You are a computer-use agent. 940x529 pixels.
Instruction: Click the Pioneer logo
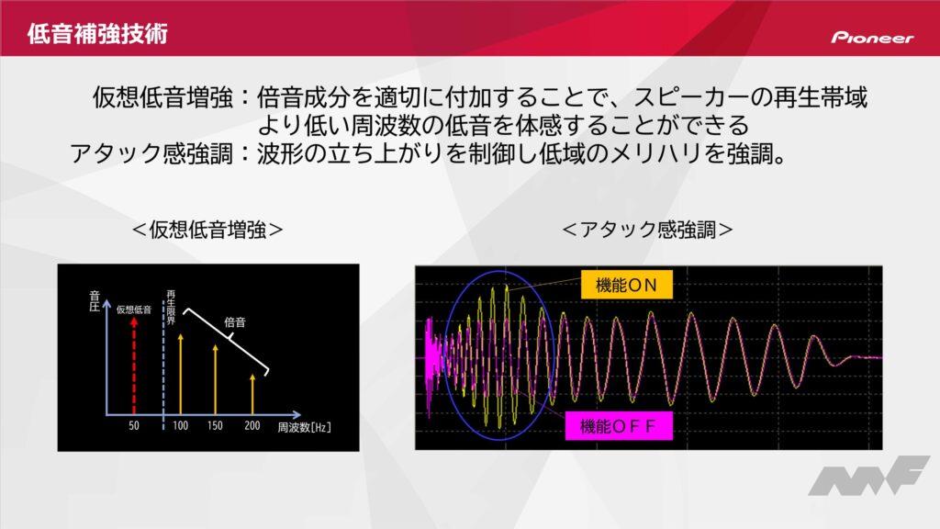tap(872, 37)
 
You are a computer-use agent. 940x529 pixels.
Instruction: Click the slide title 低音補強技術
tap(97, 34)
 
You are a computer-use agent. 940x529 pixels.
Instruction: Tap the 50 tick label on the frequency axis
tap(134, 425)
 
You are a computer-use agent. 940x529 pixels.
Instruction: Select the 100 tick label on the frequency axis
tap(181, 425)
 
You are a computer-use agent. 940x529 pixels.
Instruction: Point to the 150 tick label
tap(215, 425)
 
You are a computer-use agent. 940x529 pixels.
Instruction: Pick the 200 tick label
tap(252, 425)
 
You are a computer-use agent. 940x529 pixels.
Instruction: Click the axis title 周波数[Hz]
tap(304, 427)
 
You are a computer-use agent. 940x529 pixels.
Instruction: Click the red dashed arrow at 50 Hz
tap(134, 366)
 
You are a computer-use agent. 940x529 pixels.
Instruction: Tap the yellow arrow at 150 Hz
tap(215, 379)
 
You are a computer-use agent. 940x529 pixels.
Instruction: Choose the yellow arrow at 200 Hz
tap(252, 394)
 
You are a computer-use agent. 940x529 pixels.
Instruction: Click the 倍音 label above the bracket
tap(235, 322)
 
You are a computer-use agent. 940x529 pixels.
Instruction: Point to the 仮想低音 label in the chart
tap(134, 310)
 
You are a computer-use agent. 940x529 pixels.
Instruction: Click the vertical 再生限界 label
tap(171, 308)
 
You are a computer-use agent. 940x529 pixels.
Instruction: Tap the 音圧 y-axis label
tap(95, 301)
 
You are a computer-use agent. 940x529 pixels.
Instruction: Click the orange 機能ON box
tap(626, 285)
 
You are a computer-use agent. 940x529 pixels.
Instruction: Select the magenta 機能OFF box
tap(619, 426)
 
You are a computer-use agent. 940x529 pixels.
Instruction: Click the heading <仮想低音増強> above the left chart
tap(207, 229)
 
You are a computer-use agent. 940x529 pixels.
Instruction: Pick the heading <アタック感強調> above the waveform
tap(647, 229)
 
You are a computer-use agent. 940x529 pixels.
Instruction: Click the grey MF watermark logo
tap(869, 477)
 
